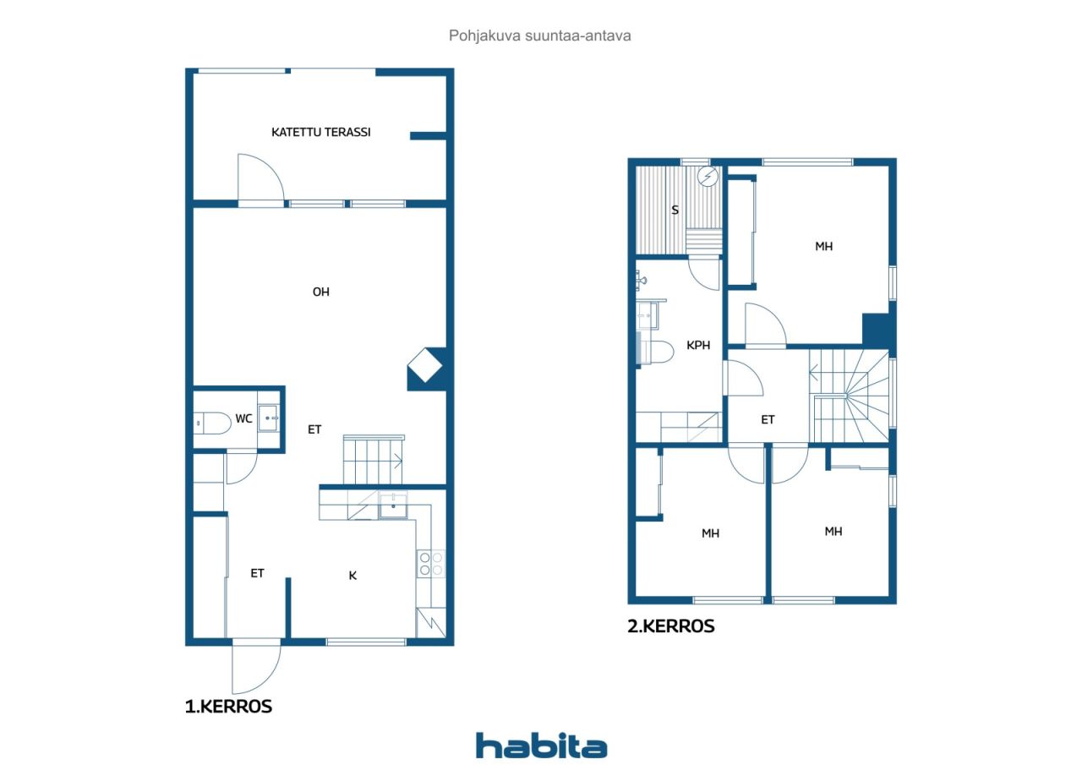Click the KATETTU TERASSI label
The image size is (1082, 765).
320,133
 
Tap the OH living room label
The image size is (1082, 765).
320,292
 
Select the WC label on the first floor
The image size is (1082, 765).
243,418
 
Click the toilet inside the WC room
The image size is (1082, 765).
212,423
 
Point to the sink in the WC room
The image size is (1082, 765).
268,418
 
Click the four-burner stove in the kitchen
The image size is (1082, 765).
431,564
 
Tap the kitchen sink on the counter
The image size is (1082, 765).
393,505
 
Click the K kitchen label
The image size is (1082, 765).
352,575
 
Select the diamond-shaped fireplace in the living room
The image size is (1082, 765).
425,365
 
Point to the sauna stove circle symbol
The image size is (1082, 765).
708,177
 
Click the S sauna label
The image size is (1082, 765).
675,210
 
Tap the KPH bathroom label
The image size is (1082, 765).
698,346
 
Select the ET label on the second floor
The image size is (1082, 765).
768,419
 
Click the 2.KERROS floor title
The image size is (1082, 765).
671,626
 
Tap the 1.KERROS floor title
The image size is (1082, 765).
228,707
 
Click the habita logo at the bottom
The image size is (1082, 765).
542,746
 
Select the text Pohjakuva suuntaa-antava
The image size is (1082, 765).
539,36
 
